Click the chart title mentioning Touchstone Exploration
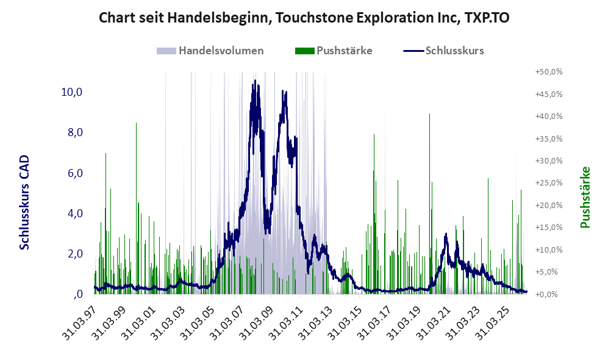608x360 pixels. coord(304,18)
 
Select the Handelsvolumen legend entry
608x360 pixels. coord(210,51)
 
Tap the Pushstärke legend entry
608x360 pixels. coord(334,51)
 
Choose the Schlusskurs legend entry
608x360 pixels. coord(443,51)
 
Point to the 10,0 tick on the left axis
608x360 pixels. coord(72,92)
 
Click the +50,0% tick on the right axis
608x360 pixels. coord(549,72)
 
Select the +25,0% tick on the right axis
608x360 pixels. coord(549,182)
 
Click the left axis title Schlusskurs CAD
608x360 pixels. coord(24,202)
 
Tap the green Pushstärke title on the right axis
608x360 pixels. coord(585,197)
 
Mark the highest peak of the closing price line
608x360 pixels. coord(255,81)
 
